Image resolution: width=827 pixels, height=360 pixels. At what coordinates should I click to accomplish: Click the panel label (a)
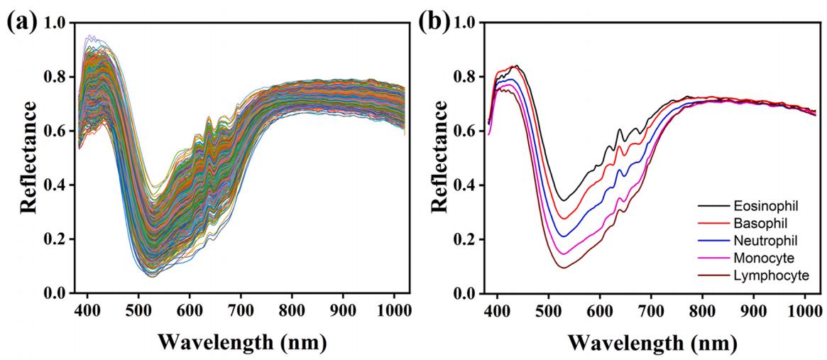tap(21, 23)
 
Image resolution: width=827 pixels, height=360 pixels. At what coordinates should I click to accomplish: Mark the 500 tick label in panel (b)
tap(549, 310)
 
